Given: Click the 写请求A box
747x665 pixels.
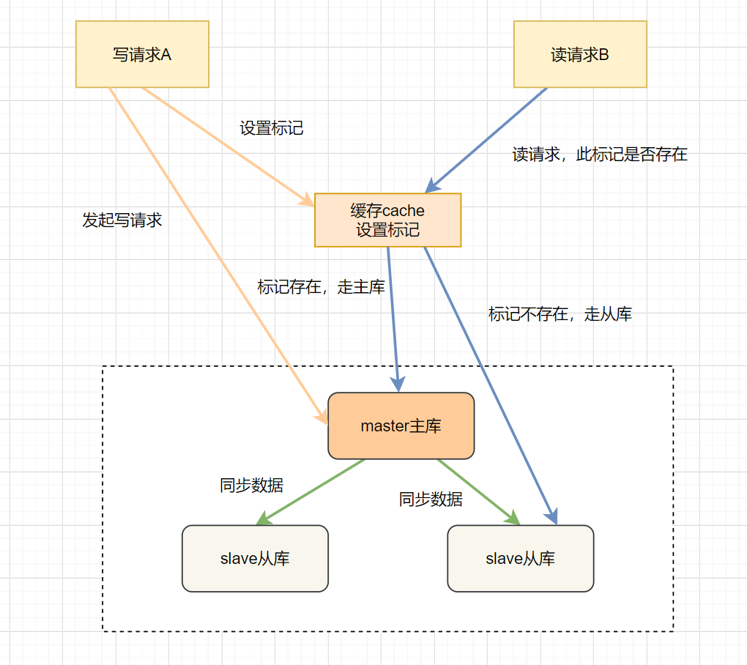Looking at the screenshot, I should pos(142,54).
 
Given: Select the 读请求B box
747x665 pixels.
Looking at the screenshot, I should pos(580,54).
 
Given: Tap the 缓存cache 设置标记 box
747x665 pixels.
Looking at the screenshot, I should pos(387,220).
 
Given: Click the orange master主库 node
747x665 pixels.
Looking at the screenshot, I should pos(401,426).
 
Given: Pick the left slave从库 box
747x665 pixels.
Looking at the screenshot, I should pos(255,558).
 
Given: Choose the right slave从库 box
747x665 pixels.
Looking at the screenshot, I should pos(520,558).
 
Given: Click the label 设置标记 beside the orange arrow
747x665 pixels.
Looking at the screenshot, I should pos(272,128).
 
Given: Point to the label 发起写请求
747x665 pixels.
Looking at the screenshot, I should pos(122,220).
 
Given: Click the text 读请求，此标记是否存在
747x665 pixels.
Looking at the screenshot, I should pos(600,155).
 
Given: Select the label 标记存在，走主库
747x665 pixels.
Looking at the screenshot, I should pos(322,287).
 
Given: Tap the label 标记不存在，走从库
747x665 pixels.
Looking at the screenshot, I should pos(560,314).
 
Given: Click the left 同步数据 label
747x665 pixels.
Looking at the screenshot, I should pos(251,485).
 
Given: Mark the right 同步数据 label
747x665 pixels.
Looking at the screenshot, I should pos(431,499).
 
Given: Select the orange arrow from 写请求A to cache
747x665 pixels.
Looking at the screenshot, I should pos(223,144).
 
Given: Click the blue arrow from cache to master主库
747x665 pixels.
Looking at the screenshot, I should pos(393,315).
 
